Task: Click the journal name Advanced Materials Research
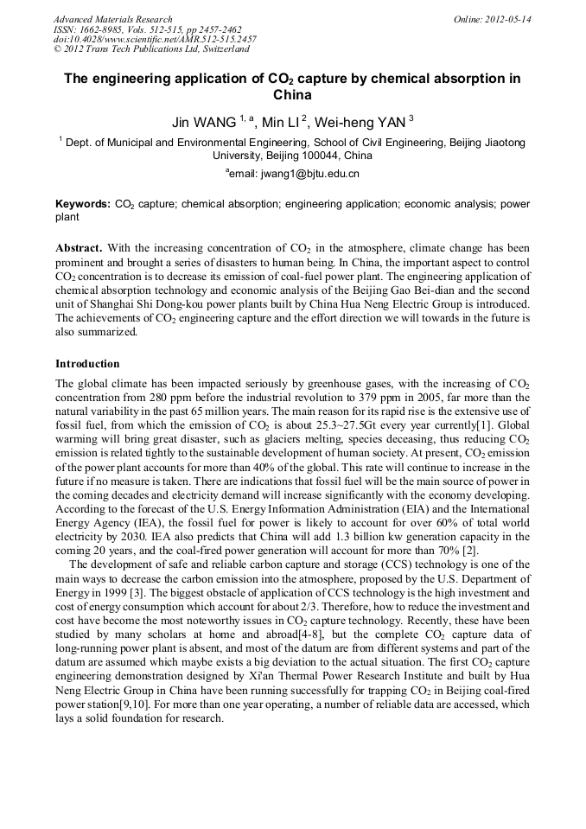[112, 19]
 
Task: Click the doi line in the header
[155, 39]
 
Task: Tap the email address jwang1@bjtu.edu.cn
[296, 174]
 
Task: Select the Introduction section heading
[87, 364]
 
